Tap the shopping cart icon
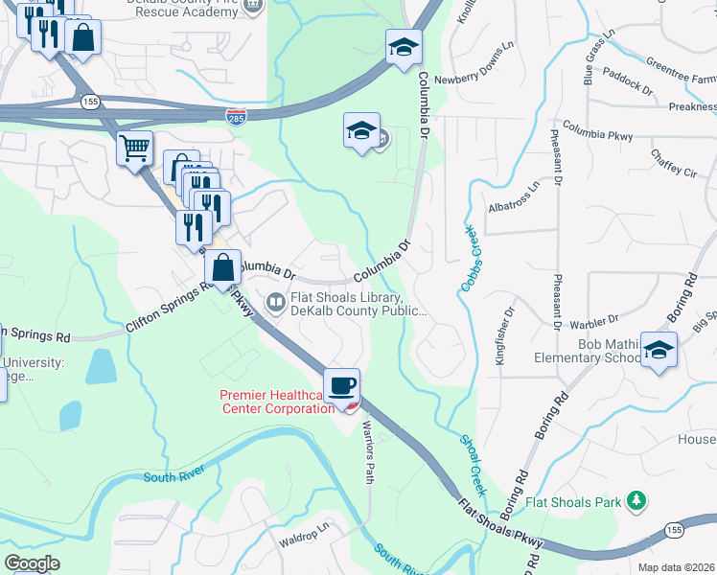(x=135, y=149)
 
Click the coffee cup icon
(x=342, y=385)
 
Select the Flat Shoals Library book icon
(x=275, y=303)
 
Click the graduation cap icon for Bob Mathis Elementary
(x=659, y=350)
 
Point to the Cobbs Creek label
(x=469, y=260)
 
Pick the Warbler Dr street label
(x=590, y=326)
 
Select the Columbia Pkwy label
(x=597, y=130)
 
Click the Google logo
(x=33, y=563)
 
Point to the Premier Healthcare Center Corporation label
(x=276, y=402)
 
